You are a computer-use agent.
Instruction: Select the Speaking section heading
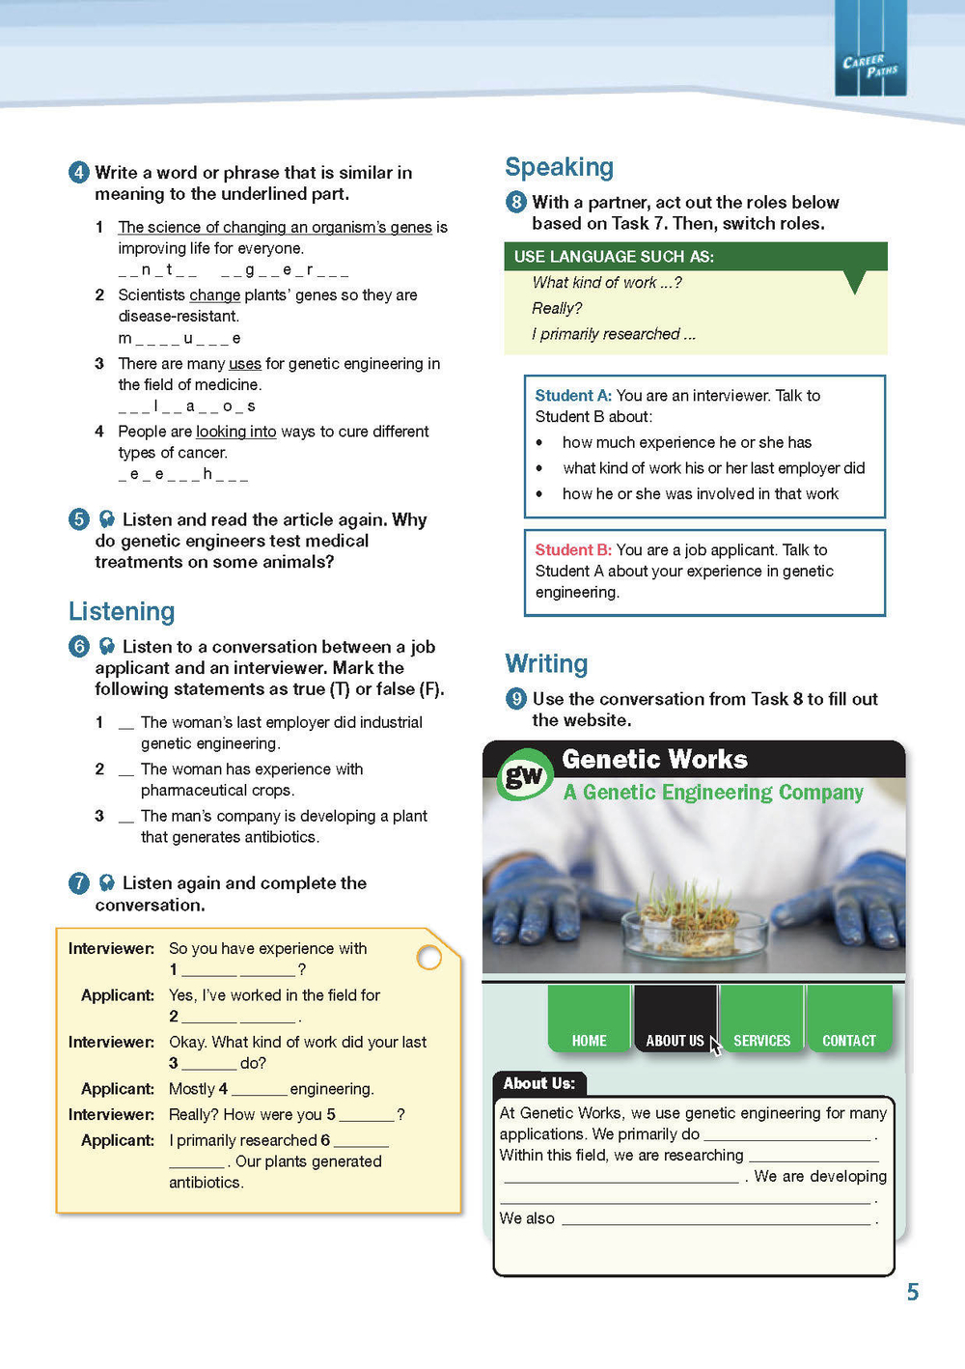[559, 167]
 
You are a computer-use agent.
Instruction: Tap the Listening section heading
[122, 611]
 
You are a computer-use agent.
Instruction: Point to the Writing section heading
[546, 663]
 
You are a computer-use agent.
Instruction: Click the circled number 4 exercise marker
[79, 173]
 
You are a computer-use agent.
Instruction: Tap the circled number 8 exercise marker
[516, 202]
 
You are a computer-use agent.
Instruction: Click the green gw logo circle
[524, 774]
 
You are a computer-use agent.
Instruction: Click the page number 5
[912, 1292]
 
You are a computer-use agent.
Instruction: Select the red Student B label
[573, 549]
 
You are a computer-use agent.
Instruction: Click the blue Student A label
[573, 395]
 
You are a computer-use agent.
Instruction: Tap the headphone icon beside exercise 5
[107, 519]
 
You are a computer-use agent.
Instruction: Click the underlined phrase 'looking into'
[235, 432]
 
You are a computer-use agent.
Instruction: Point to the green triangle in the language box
[854, 281]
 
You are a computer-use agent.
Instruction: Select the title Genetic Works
[654, 760]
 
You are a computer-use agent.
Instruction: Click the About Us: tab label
[538, 1083]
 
